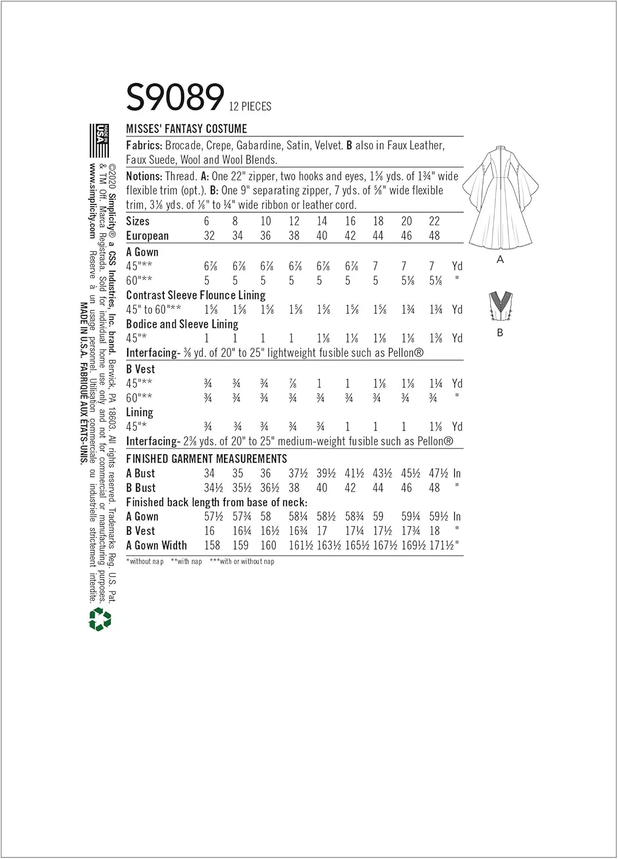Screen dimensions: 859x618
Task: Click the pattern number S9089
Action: tap(175, 97)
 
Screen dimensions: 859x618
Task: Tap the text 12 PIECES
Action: tap(250, 107)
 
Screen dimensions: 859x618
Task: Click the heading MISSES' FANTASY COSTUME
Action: tap(187, 129)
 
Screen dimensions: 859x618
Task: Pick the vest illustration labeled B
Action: tap(499, 306)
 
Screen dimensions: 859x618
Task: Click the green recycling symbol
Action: tap(100, 619)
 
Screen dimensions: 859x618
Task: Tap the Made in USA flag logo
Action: tap(99, 140)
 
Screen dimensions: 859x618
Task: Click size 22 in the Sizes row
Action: tap(434, 222)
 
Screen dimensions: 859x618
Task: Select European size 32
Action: tap(209, 236)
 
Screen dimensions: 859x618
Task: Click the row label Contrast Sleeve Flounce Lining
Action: tap(195, 295)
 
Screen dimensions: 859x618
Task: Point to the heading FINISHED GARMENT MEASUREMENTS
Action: tap(206, 459)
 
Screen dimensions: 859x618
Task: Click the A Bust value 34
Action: tap(209, 474)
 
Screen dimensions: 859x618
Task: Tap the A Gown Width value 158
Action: tap(212, 546)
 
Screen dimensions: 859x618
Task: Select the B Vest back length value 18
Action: tap(434, 531)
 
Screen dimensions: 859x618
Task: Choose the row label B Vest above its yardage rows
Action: tap(140, 369)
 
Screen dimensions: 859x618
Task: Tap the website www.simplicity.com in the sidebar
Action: tap(92, 200)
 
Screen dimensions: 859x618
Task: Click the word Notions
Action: tap(144, 176)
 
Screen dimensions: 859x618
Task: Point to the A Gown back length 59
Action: tap(378, 517)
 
